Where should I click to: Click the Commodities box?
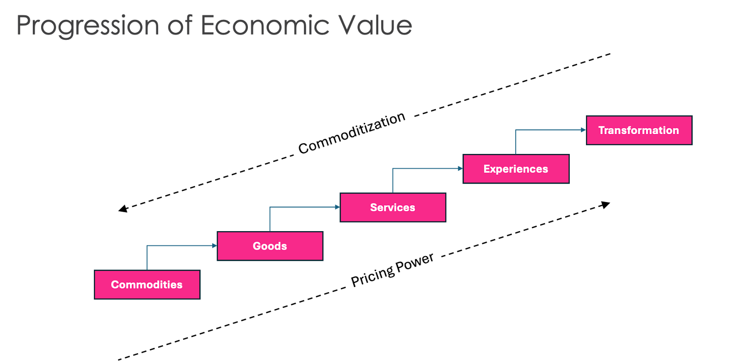(x=147, y=285)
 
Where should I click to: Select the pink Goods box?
(x=270, y=246)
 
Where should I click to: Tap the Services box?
(x=393, y=208)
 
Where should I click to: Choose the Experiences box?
(x=516, y=169)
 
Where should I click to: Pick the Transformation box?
(x=639, y=130)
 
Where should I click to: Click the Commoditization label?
(x=351, y=132)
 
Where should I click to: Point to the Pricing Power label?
(x=393, y=269)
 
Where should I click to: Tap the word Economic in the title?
(x=265, y=25)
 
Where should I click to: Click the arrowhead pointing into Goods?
(x=215, y=245)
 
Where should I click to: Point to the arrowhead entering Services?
(x=338, y=207)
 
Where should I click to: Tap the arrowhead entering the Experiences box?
(x=461, y=169)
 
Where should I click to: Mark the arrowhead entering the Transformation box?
(x=584, y=130)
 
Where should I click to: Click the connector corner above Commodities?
(x=147, y=245)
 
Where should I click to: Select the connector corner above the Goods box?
(x=270, y=207)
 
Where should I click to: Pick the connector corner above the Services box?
(x=393, y=169)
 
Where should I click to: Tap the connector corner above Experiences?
(x=516, y=130)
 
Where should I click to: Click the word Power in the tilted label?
(x=415, y=262)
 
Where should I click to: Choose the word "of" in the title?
(x=179, y=25)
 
